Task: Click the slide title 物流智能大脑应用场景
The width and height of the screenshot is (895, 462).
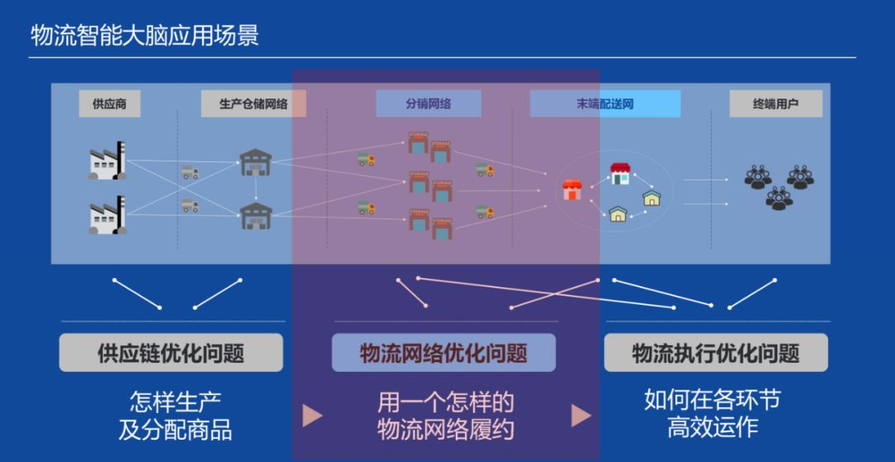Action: [x=145, y=35]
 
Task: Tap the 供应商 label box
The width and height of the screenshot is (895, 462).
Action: [x=109, y=104]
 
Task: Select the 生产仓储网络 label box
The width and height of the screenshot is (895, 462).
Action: [x=254, y=104]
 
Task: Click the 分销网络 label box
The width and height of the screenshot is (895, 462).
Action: [x=428, y=104]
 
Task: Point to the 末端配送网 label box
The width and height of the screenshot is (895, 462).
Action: [x=605, y=104]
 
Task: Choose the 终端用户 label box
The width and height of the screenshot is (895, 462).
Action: [x=776, y=104]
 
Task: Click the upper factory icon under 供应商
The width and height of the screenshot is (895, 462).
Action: [x=108, y=161]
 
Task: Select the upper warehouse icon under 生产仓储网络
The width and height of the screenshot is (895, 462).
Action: [x=256, y=161]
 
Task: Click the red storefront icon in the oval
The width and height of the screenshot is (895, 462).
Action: [x=572, y=190]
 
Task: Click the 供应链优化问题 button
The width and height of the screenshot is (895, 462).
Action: [x=171, y=354]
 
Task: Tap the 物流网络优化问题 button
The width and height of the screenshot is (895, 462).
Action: [x=443, y=354]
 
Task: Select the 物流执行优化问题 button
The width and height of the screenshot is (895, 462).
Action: [x=715, y=354]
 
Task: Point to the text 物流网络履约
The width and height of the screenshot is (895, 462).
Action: [x=446, y=430]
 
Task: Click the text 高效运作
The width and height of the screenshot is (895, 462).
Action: [x=713, y=427]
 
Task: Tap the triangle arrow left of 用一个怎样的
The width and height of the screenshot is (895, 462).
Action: [x=312, y=416]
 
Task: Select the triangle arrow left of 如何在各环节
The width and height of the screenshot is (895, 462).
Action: [x=582, y=415]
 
